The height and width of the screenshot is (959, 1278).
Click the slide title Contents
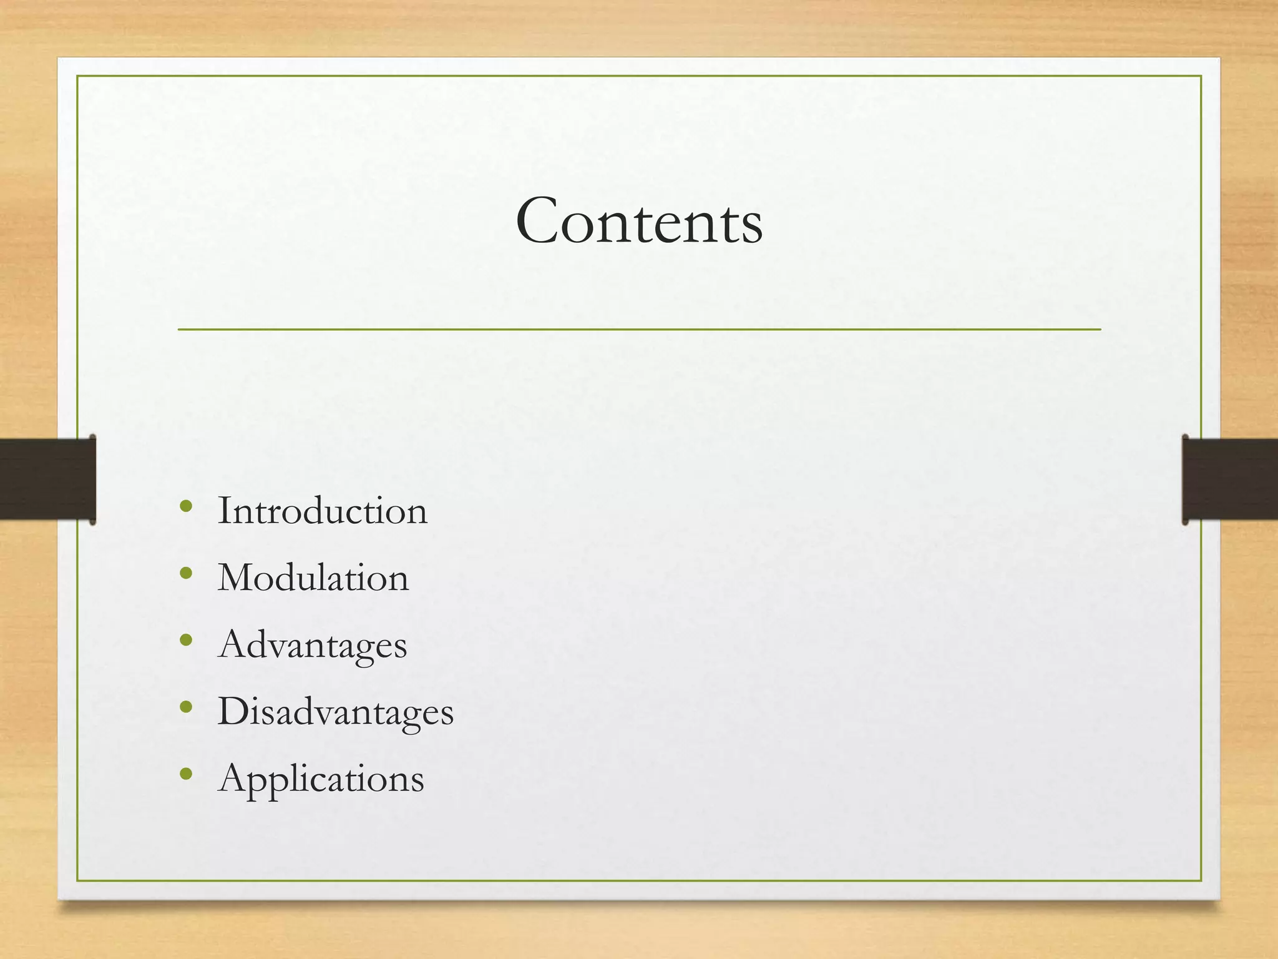coord(639,222)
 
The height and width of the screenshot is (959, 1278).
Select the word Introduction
coord(322,511)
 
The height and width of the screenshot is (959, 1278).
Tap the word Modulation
coord(313,578)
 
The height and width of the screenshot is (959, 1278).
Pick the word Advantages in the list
coord(312,644)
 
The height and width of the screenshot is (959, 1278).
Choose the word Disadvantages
coord(335,711)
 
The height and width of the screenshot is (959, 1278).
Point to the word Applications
coord(321,779)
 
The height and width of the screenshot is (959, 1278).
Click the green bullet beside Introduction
coord(185,506)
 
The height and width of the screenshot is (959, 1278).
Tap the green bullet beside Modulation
coord(185,573)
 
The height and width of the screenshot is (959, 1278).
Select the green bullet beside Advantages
coord(185,640)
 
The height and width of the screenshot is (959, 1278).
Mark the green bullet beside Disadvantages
coord(185,707)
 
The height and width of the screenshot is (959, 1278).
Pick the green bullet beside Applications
coord(185,774)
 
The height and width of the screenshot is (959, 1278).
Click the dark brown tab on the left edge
coord(47,479)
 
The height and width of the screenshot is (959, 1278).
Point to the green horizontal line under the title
coord(639,329)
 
